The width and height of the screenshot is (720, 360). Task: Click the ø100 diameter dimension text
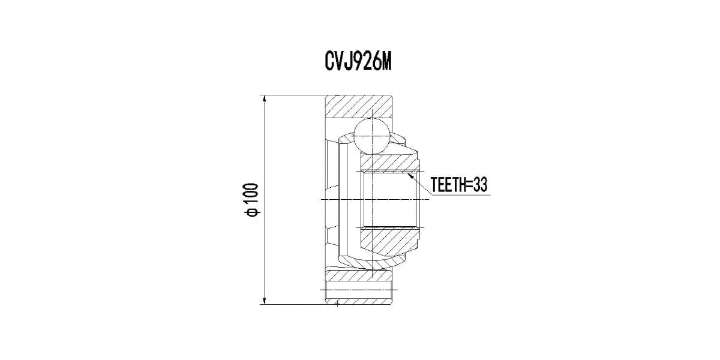(x=251, y=200)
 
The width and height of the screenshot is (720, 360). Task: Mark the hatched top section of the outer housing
(x=359, y=107)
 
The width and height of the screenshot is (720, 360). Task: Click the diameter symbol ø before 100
(x=251, y=212)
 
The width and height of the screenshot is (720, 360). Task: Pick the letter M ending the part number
(x=385, y=62)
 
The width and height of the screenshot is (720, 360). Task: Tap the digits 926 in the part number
(x=364, y=62)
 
